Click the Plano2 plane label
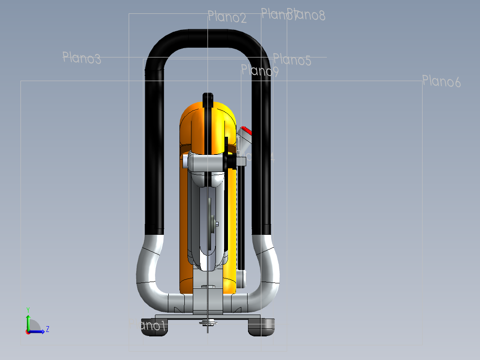click(227, 17)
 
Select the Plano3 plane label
click(81, 58)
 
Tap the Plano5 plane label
click(292, 60)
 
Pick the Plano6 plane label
click(441, 82)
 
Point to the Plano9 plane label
click(260, 71)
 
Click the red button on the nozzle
click(246, 131)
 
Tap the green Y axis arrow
click(28, 320)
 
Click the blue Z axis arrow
click(37, 331)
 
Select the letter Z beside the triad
click(47, 329)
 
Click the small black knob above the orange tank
click(207, 98)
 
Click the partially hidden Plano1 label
click(153, 326)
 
